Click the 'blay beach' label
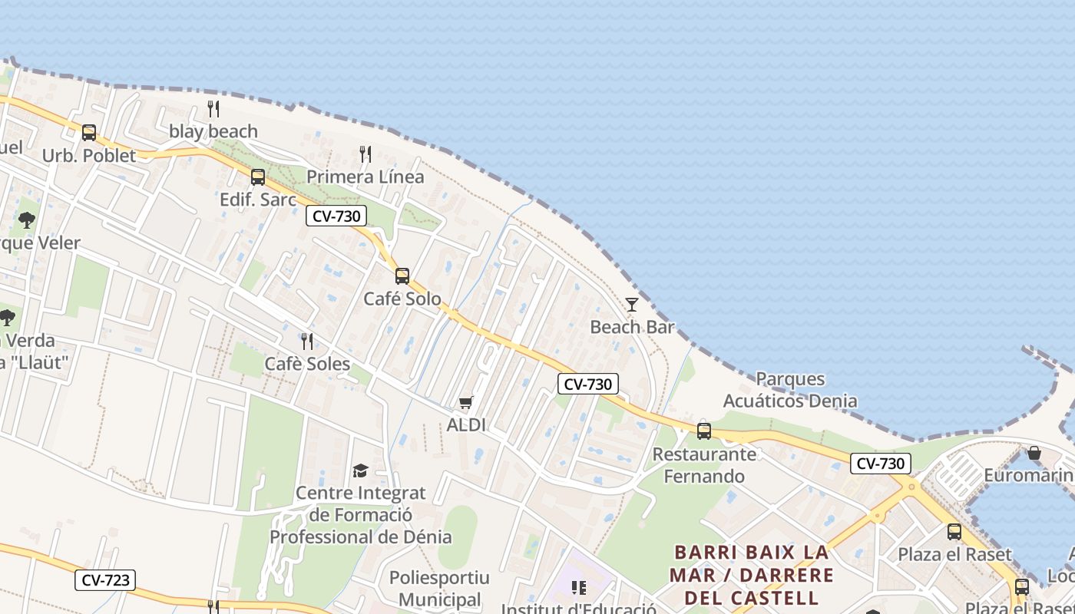[x=213, y=131]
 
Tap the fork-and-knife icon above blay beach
[x=213, y=109]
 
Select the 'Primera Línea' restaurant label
[x=365, y=177]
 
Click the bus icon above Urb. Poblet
[x=89, y=133]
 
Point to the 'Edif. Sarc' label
[x=258, y=200]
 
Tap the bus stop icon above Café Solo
[x=402, y=276]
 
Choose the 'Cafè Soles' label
[x=307, y=364]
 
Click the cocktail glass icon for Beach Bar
[x=631, y=305]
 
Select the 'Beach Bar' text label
[x=632, y=327]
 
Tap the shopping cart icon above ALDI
[x=466, y=402]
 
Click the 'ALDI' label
[x=466, y=424]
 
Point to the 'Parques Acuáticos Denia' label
[x=790, y=390]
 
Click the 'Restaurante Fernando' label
[x=704, y=465]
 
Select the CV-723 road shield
[x=105, y=580]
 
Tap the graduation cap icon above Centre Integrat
[x=360, y=470]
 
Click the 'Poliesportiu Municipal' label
[x=439, y=588]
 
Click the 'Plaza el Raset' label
[x=954, y=554]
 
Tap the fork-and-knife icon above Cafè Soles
[x=307, y=342]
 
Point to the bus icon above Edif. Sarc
[x=258, y=177]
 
